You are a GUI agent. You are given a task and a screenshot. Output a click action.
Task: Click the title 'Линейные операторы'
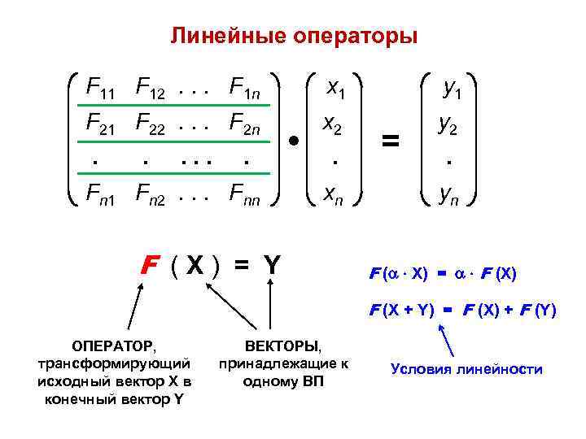293,37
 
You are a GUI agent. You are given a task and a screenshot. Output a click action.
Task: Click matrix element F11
101,87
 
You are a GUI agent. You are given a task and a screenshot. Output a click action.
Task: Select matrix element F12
152,87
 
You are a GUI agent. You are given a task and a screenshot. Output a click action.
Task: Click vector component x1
335,87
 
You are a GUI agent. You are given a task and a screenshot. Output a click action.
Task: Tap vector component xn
335,195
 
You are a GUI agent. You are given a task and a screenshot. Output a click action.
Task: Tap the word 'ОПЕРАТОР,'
113,346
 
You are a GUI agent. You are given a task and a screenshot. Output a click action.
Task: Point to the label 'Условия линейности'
466,369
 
